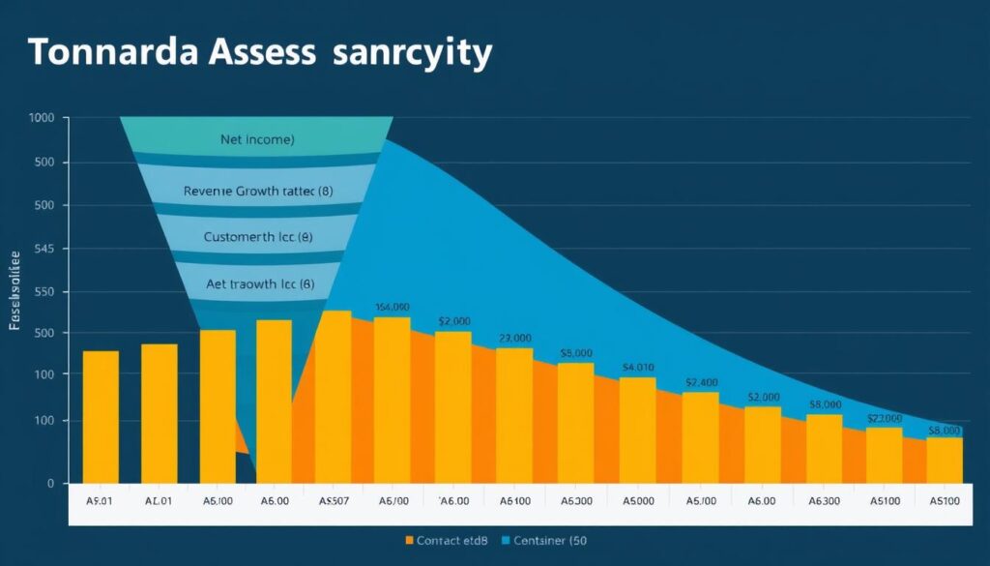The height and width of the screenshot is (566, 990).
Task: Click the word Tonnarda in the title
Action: [x=115, y=53]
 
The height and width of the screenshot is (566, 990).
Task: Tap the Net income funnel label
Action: [x=256, y=139]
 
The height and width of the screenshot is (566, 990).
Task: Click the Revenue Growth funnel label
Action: [x=257, y=192]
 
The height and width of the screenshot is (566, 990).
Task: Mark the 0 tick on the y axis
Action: [x=50, y=483]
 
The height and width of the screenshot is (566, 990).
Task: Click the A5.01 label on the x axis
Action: [x=100, y=502]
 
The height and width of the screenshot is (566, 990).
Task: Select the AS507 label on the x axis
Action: [x=334, y=502]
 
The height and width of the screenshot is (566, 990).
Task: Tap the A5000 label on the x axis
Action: [x=637, y=502]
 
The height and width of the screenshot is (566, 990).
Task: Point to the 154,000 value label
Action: [x=393, y=308]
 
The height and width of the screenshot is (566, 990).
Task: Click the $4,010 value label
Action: [x=638, y=368]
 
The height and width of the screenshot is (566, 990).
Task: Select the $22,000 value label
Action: [x=885, y=418]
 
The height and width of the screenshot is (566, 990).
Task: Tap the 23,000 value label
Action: [x=515, y=339]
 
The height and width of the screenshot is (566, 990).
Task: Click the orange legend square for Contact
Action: [x=409, y=540]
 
